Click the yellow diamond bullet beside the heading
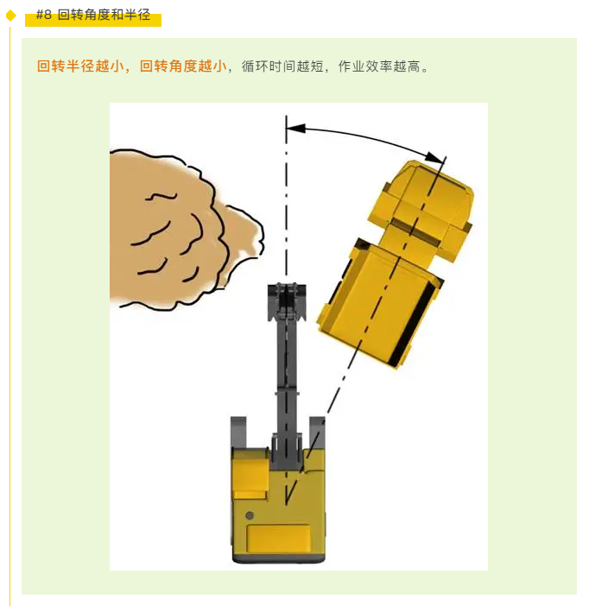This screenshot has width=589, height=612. click(10, 16)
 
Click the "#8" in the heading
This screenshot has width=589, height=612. click(44, 15)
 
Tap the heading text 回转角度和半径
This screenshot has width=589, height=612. click(104, 15)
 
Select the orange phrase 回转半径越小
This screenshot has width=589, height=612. click(80, 66)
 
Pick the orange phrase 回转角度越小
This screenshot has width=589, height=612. click(183, 66)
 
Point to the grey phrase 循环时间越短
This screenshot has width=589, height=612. click(282, 66)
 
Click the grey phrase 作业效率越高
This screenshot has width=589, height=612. click(379, 66)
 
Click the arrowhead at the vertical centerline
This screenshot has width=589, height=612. click(295, 128)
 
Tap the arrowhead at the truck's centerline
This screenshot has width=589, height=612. click(434, 157)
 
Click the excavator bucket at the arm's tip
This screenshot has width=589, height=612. click(287, 301)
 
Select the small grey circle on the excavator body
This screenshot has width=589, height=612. click(250, 515)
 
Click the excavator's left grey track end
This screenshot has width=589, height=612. click(238, 432)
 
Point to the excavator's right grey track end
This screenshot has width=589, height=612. click(317, 432)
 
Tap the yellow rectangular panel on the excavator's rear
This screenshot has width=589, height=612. click(279, 539)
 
